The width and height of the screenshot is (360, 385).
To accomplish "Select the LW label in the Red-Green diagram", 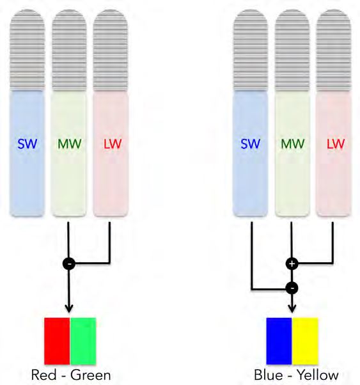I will tap(111, 144).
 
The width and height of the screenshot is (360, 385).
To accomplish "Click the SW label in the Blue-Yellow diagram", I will tap(250, 144).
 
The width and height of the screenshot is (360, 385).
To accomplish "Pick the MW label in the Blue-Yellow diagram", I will tap(292, 144).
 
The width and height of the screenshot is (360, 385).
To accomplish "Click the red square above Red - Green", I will tap(57, 340).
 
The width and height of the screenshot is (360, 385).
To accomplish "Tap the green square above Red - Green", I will tap(83, 340).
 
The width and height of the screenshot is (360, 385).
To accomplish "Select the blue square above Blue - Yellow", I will tap(279, 340).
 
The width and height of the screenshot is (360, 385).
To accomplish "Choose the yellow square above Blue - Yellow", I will tap(305, 340).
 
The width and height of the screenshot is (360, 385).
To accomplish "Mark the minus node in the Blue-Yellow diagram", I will tap(292, 288).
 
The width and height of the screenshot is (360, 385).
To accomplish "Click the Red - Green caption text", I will tap(70, 374).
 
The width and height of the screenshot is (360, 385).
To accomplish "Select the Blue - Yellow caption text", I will tap(292, 374).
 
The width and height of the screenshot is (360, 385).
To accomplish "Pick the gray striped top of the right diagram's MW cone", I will tap(292, 51).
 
